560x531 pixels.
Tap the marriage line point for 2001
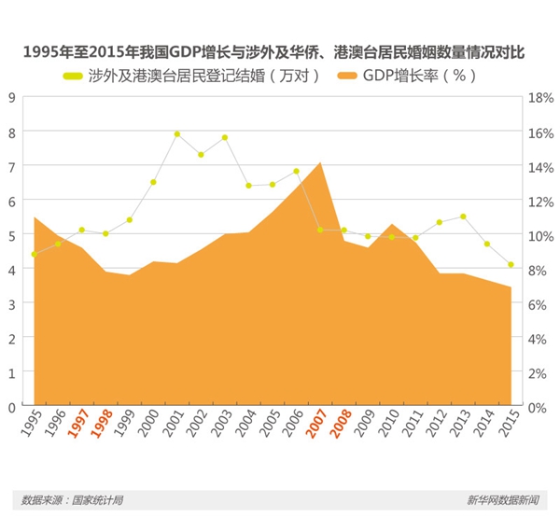[x=176, y=134]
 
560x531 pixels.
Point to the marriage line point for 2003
[x=225, y=138]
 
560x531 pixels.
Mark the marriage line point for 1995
[x=34, y=254]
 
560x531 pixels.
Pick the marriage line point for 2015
[x=511, y=265]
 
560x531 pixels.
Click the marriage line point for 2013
[x=463, y=217]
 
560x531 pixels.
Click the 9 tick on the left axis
[x=12, y=96]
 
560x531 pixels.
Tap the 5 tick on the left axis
[x=12, y=235]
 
